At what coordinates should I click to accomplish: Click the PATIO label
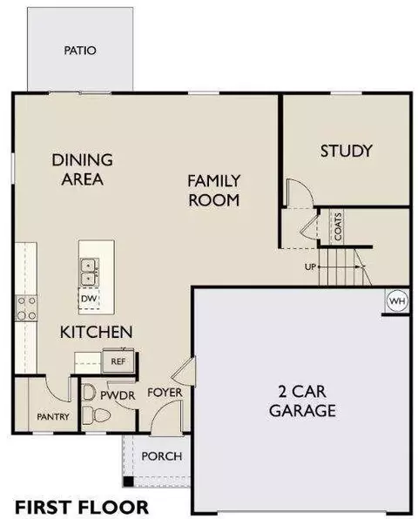80,51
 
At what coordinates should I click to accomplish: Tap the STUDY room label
347,151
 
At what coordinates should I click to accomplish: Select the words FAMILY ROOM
214,191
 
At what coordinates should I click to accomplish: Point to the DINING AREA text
83,169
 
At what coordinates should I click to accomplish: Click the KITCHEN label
96,332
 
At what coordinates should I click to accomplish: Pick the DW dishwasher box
89,298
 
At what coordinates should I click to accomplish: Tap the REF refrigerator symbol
118,361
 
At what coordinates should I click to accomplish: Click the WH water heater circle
397,301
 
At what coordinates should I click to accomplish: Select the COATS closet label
338,226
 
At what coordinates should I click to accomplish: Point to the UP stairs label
310,266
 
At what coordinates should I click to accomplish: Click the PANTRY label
53,416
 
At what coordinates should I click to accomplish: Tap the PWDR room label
118,395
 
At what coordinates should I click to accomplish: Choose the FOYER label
165,393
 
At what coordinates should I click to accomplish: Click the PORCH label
162,456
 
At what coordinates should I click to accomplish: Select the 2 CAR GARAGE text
302,401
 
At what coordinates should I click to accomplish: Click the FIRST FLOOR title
82,508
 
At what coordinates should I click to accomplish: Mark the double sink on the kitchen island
89,273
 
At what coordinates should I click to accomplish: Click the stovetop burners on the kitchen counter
26,308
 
